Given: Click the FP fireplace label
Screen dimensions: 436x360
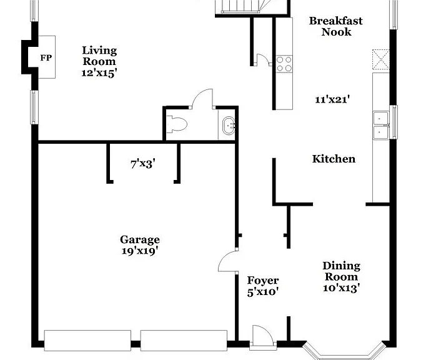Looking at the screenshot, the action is click(46, 58).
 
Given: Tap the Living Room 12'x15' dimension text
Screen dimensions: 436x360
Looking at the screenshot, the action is click(99, 73).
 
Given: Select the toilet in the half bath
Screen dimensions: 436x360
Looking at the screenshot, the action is click(177, 124).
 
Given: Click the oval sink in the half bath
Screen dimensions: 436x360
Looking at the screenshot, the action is click(229, 126).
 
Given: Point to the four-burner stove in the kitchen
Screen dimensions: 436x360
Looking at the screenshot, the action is click(284, 64).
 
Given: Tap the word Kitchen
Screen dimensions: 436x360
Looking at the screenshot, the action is click(334, 159).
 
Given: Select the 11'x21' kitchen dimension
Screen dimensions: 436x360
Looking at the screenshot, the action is click(332, 99).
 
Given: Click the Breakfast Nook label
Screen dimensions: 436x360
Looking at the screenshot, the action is click(336, 26).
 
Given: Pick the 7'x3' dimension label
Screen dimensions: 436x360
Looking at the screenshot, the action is click(142, 164).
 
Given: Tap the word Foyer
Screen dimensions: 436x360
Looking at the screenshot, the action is click(263, 281).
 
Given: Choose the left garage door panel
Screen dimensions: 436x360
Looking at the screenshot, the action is click(87, 341).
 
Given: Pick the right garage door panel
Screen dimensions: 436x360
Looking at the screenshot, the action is click(184, 341).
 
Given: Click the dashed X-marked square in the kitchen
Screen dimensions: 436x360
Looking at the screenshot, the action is click(380, 59).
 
